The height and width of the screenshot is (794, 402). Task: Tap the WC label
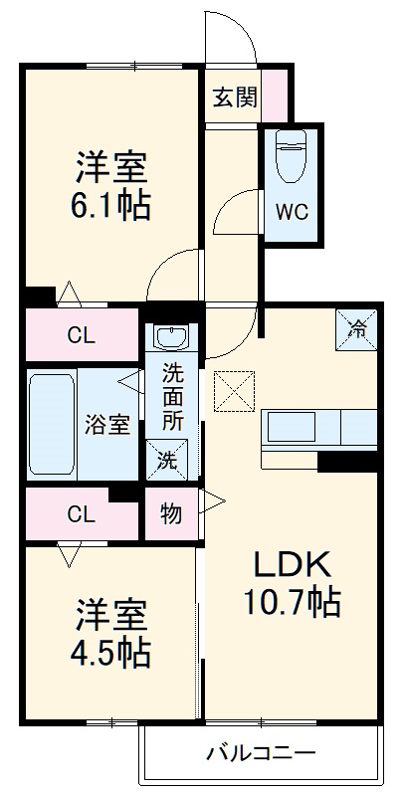(291, 212)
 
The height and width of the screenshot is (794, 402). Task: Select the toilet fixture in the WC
(291, 157)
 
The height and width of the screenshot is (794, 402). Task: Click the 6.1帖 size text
(109, 206)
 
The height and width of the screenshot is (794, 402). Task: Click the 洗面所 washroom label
(173, 398)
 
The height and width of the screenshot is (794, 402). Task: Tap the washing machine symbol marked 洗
(166, 461)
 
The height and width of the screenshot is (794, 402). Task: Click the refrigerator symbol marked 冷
(356, 327)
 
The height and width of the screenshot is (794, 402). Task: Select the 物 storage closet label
(171, 513)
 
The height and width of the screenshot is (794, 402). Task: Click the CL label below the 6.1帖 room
(83, 335)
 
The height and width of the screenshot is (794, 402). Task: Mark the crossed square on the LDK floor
(236, 390)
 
